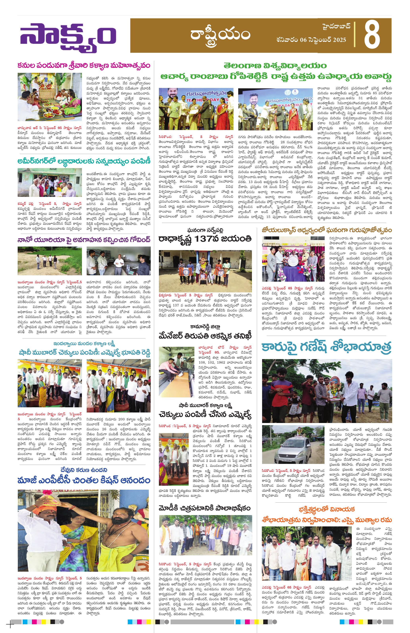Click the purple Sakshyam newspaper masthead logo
pos(68,37)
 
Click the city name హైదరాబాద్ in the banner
pos(336,27)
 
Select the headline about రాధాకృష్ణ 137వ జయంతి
pos(205,238)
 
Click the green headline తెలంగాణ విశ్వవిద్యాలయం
pos(275,66)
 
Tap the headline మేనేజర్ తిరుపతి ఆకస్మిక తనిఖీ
pos(205,336)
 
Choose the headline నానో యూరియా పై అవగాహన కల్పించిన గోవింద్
pos(84,240)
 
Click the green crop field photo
pos(50,261)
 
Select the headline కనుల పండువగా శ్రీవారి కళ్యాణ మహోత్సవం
pos(84,66)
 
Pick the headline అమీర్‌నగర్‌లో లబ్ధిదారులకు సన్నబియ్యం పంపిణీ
pos(84,161)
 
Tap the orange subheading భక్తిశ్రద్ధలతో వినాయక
pos(326,509)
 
